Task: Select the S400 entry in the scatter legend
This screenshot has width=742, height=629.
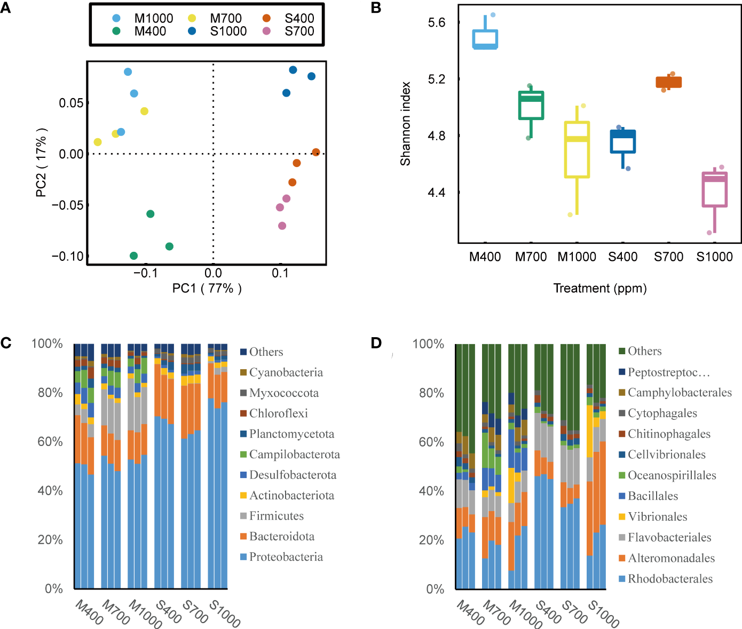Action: pos(299,18)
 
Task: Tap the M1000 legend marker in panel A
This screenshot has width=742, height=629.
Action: pos(117,18)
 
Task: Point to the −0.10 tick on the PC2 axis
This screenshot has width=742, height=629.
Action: pos(68,256)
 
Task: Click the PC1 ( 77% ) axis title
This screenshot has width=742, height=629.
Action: pos(207,289)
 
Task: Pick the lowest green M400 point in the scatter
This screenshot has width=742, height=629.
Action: pos(134,256)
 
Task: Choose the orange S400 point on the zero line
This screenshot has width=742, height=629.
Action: pos(316,152)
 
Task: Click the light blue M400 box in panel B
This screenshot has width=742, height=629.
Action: pos(485,39)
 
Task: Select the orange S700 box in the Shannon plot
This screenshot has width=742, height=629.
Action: pos(669,82)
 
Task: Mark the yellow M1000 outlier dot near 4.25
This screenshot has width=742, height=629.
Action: pos(570,214)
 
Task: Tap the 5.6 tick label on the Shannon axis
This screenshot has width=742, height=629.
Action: pos(436,22)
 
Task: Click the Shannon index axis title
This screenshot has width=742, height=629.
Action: pos(406,124)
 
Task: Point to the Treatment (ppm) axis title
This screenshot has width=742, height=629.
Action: pos(600,289)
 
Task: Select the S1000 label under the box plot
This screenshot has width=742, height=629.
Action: pos(714,257)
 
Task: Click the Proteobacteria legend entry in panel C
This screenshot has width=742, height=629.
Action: pos(286,557)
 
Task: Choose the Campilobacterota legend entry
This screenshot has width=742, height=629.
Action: pos(294,455)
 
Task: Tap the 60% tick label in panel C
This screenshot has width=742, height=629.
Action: pos(50,442)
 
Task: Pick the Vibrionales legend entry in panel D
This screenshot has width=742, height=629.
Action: pos(657,516)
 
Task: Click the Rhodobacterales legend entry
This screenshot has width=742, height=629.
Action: pos(670,579)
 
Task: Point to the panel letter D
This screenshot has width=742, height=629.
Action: pos(376,343)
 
